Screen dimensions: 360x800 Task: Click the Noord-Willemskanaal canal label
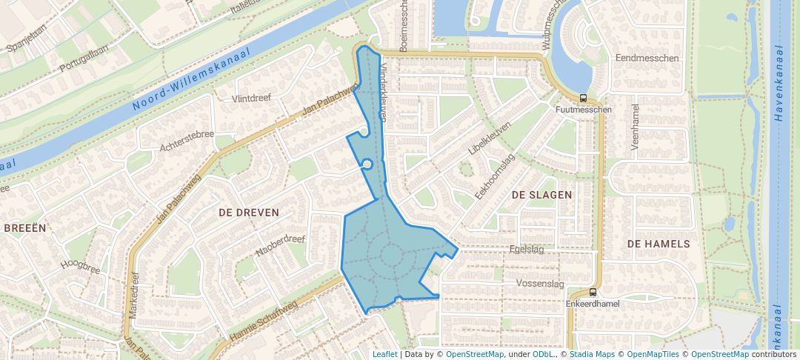click(192, 79)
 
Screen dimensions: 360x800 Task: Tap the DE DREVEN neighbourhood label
click(249, 213)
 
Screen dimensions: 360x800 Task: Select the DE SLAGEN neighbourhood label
click(541, 195)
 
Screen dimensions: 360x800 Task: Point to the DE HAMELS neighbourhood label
click(659, 244)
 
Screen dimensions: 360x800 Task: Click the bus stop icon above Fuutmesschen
click(584, 98)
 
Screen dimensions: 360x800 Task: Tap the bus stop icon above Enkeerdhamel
click(593, 292)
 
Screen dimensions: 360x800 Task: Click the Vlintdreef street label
click(251, 99)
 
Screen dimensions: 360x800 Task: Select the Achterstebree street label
click(187, 141)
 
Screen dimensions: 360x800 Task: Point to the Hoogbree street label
click(80, 267)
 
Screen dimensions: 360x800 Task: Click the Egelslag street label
click(527, 250)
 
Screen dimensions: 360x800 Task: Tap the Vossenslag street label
click(540, 284)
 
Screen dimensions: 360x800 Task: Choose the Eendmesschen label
click(647, 58)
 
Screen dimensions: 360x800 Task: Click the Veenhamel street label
click(635, 127)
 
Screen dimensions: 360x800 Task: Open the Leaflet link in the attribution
click(384, 354)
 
